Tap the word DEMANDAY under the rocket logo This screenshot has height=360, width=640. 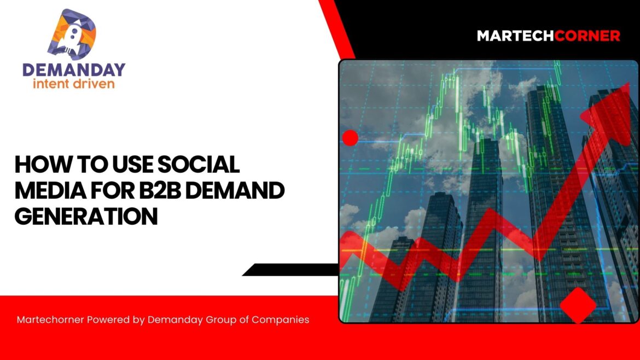pyautogui.click(x=73, y=69)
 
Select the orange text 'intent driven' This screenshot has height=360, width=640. pyautogui.click(x=74, y=84)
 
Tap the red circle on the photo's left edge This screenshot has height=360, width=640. pyautogui.click(x=350, y=138)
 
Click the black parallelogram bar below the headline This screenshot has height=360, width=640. pyautogui.click(x=290, y=269)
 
